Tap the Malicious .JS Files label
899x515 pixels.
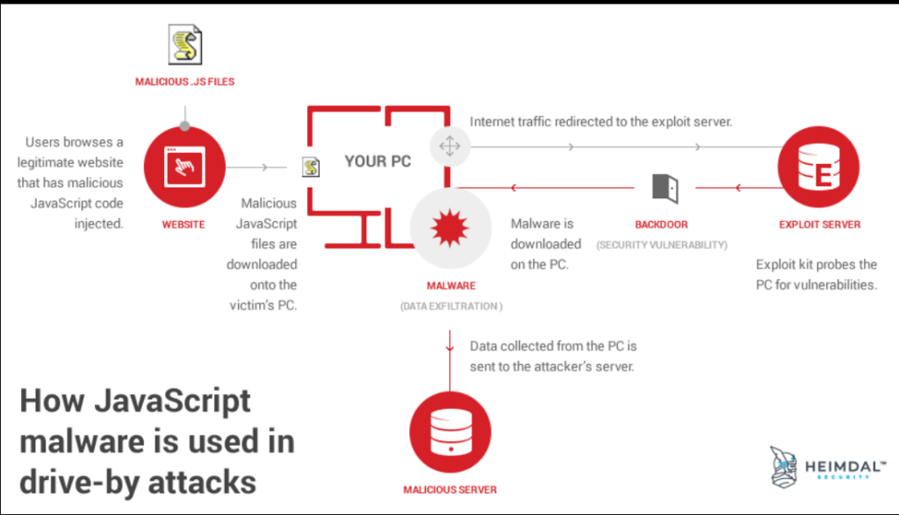click(184, 82)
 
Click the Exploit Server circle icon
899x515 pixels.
click(819, 168)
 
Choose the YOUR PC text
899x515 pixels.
click(378, 161)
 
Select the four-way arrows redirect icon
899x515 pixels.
click(449, 147)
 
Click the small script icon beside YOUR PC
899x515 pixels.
click(310, 167)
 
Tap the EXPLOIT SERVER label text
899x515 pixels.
click(819, 225)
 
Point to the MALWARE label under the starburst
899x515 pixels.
click(449, 286)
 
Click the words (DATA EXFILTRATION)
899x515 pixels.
click(451, 306)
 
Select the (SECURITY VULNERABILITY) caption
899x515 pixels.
click(662, 245)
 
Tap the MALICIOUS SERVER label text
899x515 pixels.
click(449, 490)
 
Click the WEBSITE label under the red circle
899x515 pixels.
click(183, 225)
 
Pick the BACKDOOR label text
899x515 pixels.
click(662, 225)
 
